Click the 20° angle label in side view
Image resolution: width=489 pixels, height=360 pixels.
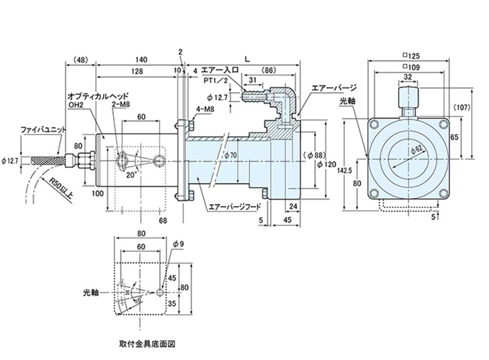131,174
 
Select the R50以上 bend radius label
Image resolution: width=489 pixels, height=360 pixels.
62,188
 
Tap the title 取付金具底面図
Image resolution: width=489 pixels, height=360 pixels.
145,343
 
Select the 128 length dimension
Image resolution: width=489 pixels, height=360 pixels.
136,71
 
